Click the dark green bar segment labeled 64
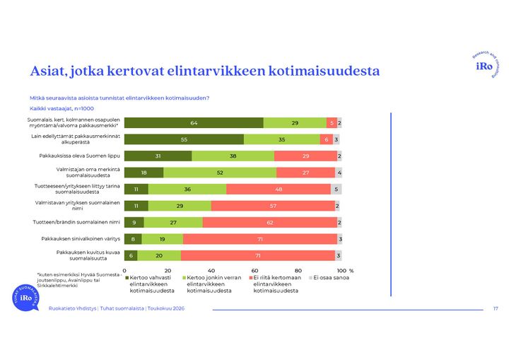[x=194, y=123]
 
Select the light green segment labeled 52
[x=220, y=173]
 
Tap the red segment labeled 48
[x=279, y=189]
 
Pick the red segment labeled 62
[x=270, y=223]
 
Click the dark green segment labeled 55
[x=184, y=139]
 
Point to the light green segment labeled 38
[x=233, y=156]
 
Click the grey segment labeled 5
[x=337, y=189]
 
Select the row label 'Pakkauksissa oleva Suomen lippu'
[x=79, y=156]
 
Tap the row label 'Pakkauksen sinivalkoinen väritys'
[x=81, y=239]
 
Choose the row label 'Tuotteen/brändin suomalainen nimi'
[x=76, y=222]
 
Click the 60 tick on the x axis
[x=255, y=271]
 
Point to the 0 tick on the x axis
[x=124, y=271]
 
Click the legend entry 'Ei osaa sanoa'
[x=329, y=278]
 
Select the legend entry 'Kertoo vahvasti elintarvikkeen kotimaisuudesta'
[x=150, y=284]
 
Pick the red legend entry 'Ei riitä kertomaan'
[x=275, y=284]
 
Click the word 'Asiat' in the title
[x=48, y=71]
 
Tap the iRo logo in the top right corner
[x=486, y=65]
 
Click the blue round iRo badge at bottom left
[x=25, y=298]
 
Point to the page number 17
[x=496, y=308]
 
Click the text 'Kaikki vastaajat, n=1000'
[x=62, y=108]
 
